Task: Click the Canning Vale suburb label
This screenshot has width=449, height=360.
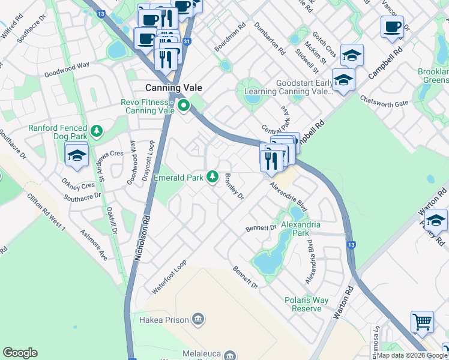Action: [x=174, y=87]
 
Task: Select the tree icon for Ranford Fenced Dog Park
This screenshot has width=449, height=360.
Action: [x=95, y=130]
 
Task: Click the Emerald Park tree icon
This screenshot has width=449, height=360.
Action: [x=212, y=176]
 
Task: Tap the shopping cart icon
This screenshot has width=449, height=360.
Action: [x=422, y=321]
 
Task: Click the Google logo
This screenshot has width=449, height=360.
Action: [x=20, y=353]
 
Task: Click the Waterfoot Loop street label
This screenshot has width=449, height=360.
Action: [x=169, y=277]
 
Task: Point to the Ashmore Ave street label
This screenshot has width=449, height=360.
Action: [x=94, y=246]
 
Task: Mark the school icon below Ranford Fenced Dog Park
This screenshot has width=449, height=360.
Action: [x=76, y=155]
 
